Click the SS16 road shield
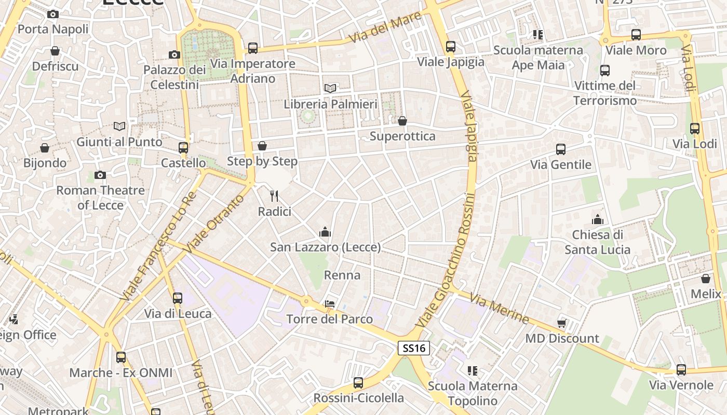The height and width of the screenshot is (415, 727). pyautogui.click(x=414, y=348)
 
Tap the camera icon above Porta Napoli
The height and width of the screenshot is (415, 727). pyautogui.click(x=52, y=15)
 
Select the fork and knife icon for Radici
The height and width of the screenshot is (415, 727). pyautogui.click(x=274, y=196)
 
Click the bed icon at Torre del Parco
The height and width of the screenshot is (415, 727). pyautogui.click(x=330, y=303)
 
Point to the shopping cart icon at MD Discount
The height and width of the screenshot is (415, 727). pyautogui.click(x=561, y=323)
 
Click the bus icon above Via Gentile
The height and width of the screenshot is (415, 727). pyautogui.click(x=560, y=149)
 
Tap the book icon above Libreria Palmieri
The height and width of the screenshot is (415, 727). pyautogui.click(x=330, y=88)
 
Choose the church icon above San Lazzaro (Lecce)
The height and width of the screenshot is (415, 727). pyautogui.click(x=325, y=231)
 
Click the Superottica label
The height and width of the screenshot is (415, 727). pyautogui.click(x=402, y=136)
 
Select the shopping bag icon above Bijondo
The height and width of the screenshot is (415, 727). pyautogui.click(x=45, y=148)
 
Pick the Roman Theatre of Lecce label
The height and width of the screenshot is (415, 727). pyautogui.click(x=100, y=198)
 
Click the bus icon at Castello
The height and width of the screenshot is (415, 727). pyautogui.click(x=183, y=148)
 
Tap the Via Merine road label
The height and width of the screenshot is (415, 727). pyautogui.click(x=499, y=309)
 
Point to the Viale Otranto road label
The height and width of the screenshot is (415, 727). pyautogui.click(x=213, y=224)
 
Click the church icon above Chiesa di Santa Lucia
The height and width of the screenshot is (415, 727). pyautogui.click(x=597, y=219)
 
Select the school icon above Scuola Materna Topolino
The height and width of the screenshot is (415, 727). pyautogui.click(x=472, y=370)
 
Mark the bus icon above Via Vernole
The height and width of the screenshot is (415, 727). pyautogui.click(x=681, y=369)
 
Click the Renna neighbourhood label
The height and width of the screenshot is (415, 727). pyautogui.click(x=342, y=275)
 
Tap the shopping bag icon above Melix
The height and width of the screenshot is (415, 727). pyautogui.click(x=705, y=279)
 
